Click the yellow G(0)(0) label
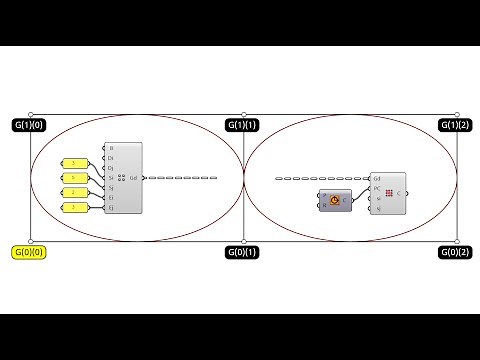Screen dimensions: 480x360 tap(29, 252)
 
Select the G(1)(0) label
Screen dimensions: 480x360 tap(29, 125)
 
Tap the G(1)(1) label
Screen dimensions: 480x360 tap(241, 125)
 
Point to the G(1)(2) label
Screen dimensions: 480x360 tap(455, 125)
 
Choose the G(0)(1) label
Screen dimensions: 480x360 tap(241, 252)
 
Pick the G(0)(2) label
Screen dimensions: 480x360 tap(455, 252)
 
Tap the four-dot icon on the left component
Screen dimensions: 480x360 tap(121, 178)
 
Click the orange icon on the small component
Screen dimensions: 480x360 tap(333, 200)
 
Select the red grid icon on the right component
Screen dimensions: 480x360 tap(389, 192)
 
